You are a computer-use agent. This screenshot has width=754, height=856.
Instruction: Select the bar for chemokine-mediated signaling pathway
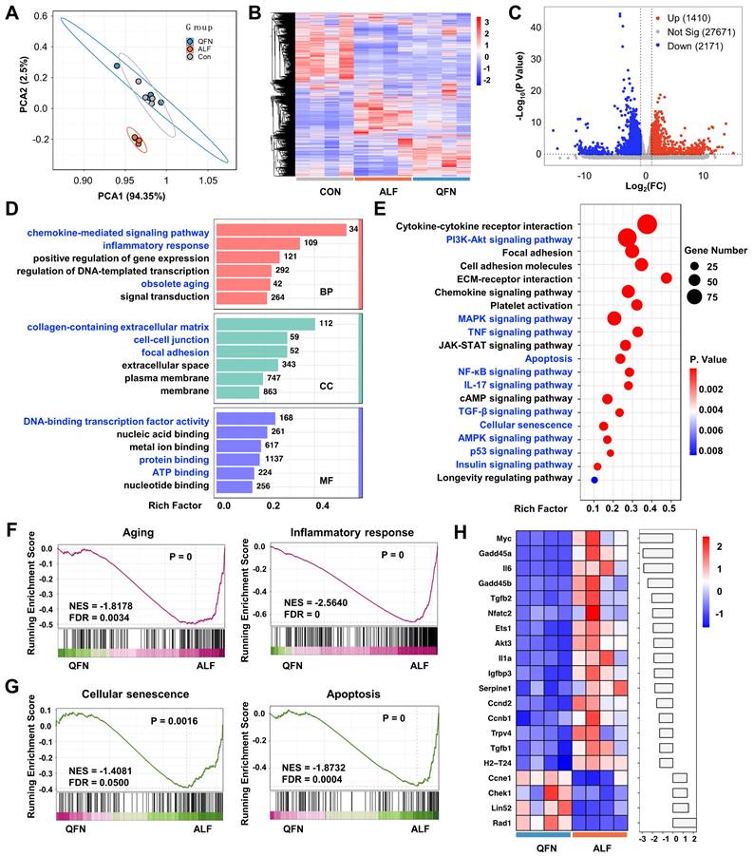(280, 230)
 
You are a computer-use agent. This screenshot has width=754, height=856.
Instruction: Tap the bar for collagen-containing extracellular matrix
(265, 324)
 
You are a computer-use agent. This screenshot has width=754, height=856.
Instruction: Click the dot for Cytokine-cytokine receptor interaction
(648, 224)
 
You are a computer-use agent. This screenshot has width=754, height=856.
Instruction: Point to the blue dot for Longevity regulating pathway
(594, 480)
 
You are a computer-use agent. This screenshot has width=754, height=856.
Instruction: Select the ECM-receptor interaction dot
(666, 277)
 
